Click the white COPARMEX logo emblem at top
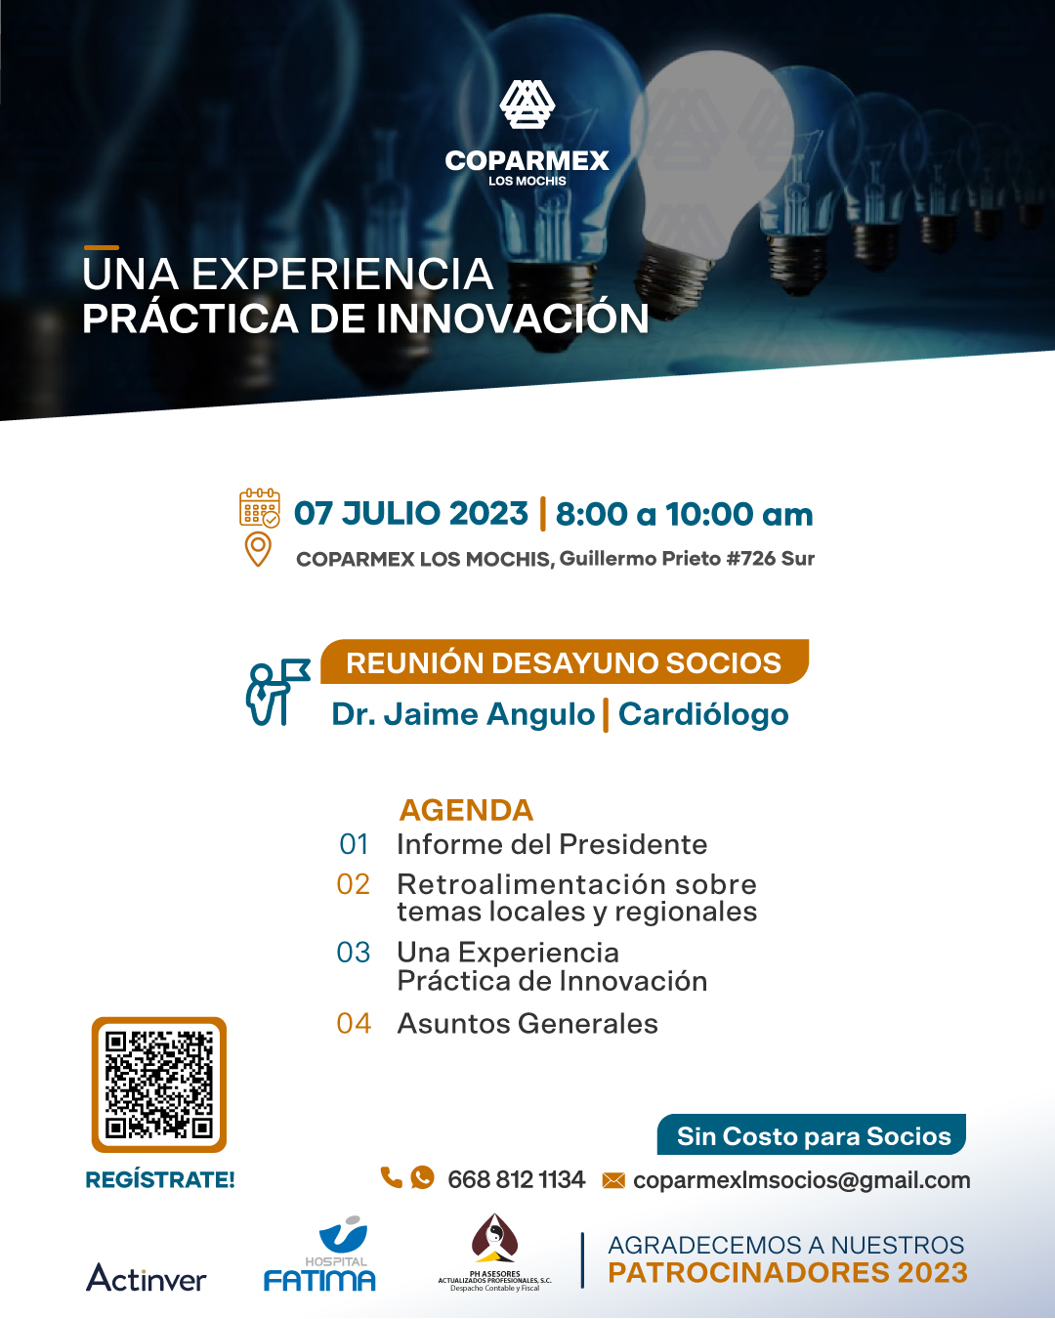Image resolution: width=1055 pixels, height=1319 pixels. click(x=527, y=105)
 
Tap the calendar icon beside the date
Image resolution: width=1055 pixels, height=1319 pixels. click(x=259, y=507)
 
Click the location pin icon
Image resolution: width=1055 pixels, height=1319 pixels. click(x=258, y=549)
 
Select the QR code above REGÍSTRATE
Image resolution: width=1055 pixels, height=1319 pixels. click(x=159, y=1085)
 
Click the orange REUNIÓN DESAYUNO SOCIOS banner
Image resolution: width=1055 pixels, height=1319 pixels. click(x=564, y=661)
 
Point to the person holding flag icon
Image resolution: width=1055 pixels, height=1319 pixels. click(x=277, y=692)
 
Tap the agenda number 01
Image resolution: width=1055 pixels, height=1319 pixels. click(x=354, y=844)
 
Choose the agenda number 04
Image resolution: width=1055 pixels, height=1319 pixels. click(x=354, y=1024)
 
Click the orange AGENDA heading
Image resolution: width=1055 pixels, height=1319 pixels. click(x=466, y=810)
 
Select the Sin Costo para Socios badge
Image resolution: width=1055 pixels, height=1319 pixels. click(x=812, y=1136)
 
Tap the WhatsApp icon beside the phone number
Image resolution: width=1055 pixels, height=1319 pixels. click(x=422, y=1177)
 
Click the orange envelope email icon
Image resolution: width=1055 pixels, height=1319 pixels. click(x=613, y=1180)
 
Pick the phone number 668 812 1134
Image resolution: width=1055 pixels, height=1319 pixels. click(x=516, y=1180)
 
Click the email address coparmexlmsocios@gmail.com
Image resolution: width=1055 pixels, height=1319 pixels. click(x=801, y=1180)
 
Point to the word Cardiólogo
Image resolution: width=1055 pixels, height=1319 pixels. click(x=703, y=714)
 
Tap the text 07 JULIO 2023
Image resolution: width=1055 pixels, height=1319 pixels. click(x=410, y=513)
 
